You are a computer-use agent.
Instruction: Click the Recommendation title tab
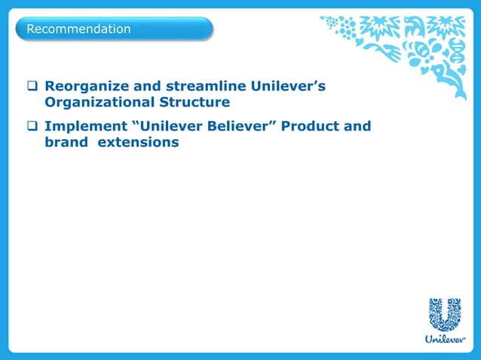tap(113, 29)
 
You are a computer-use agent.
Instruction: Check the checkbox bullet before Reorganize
tap(33, 88)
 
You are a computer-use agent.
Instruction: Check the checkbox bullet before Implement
tap(33, 127)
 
